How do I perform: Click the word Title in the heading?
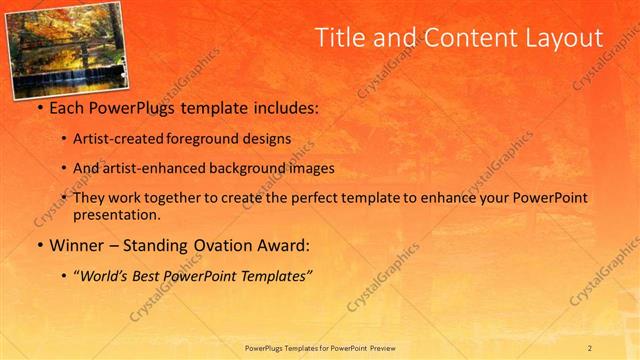coord(339,38)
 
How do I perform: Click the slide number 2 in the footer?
coord(590,347)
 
